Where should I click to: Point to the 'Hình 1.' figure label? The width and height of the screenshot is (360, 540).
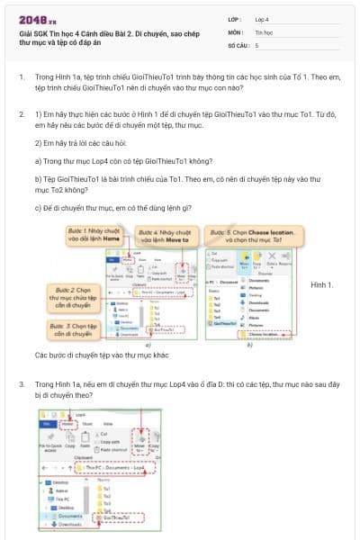pos(321,285)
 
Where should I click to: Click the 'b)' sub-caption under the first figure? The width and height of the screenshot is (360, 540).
pos(249,343)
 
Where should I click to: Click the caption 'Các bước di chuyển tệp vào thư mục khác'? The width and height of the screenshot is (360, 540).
pos(97,355)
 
